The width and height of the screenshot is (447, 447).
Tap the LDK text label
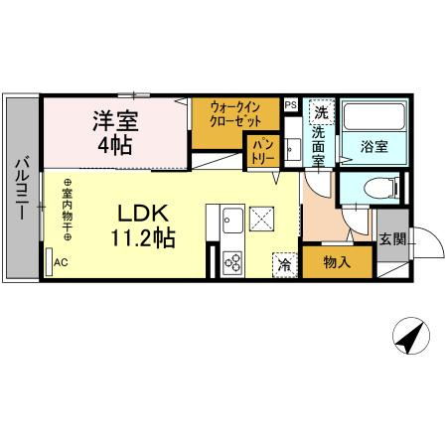[147, 213]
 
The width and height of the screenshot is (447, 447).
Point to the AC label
[61, 263]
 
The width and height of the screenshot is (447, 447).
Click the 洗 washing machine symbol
[320, 108]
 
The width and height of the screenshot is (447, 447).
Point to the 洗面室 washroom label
[319, 144]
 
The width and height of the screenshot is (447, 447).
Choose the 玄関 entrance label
[391, 237]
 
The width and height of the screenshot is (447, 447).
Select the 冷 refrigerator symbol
[284, 264]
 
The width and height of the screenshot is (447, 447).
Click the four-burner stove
[233, 263]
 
